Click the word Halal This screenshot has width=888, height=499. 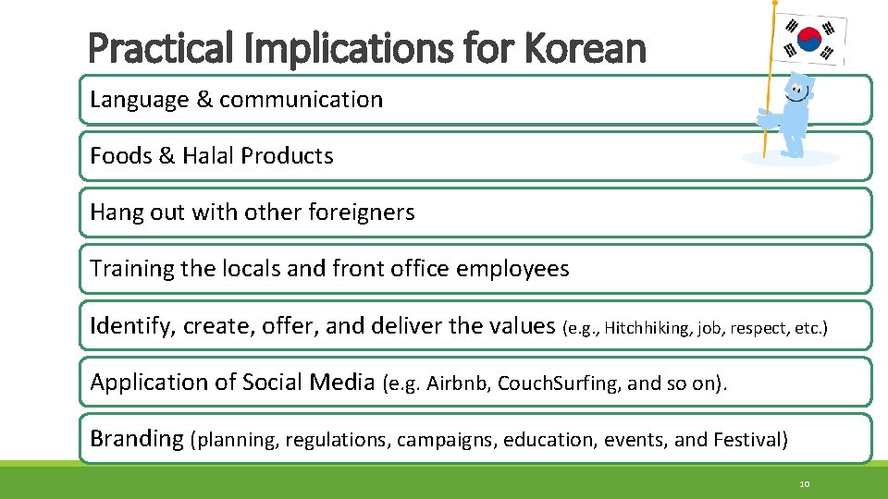click(x=208, y=156)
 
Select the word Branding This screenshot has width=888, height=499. click(x=136, y=439)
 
